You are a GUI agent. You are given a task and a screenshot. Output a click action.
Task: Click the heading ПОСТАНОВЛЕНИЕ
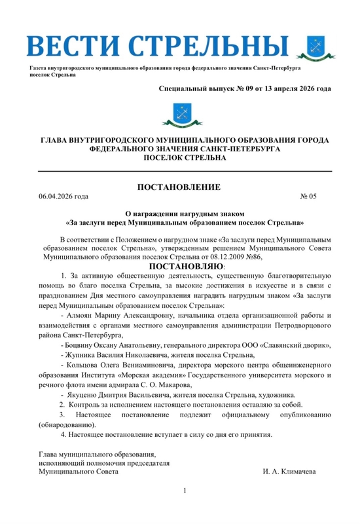(x=179, y=187)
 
